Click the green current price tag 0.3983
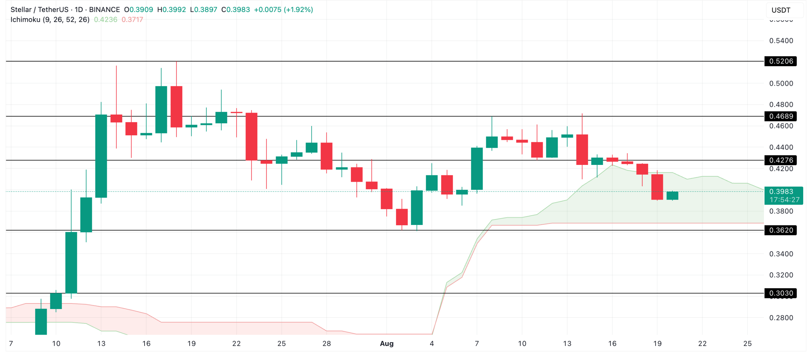click(783, 192)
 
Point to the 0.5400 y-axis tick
click(781, 41)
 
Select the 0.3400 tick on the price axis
click(781, 254)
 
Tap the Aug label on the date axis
click(387, 344)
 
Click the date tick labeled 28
click(326, 344)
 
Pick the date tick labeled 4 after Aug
click(432, 344)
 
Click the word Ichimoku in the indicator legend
click(25, 20)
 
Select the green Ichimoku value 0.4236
click(106, 20)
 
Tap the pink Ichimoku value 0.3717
click(132, 20)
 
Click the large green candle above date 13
click(101, 156)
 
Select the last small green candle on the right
click(672, 196)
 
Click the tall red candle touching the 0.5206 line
click(176, 106)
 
